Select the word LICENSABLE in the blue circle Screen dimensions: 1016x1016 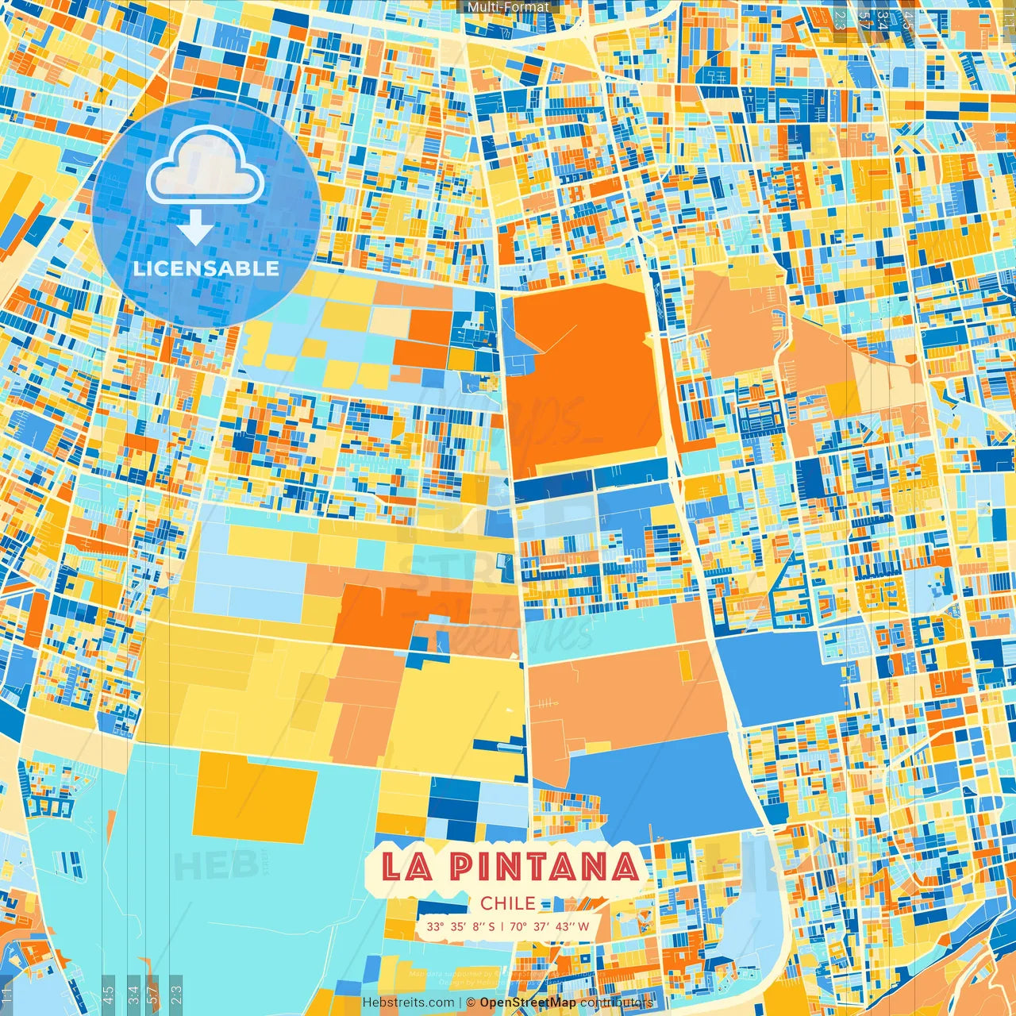click(206, 268)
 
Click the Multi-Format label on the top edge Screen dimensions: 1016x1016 click(508, 7)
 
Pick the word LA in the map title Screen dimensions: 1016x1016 click(407, 867)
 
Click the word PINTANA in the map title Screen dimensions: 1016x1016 click(545, 867)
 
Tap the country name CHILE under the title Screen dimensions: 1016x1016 click(508, 903)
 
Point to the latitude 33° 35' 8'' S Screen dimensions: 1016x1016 click(460, 926)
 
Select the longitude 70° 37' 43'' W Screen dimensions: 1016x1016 click(549, 926)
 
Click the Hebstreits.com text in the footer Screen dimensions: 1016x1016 click(409, 1003)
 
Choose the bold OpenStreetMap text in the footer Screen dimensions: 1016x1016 click(528, 1003)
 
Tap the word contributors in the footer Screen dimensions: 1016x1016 click(616, 1003)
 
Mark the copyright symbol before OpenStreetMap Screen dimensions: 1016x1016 click(471, 1003)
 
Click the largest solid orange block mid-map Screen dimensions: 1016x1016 click(583, 381)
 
